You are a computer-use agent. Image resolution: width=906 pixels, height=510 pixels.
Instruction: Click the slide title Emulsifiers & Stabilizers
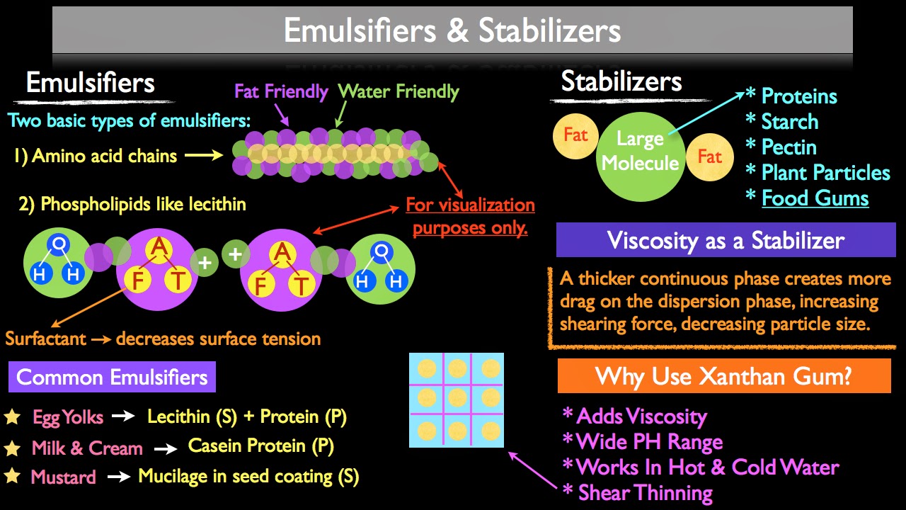[452, 30]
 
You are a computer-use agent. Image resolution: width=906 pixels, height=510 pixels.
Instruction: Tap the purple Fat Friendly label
[281, 91]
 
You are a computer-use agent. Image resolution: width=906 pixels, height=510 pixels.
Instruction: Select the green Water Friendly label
[398, 91]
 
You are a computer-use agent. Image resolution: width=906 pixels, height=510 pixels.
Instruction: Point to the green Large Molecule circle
[639, 151]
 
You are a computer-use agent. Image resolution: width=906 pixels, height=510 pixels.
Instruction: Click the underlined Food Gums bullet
[815, 198]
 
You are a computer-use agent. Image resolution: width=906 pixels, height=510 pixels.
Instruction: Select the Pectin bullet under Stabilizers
[789, 147]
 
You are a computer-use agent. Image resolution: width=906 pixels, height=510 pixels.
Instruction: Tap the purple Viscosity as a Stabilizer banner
[726, 240]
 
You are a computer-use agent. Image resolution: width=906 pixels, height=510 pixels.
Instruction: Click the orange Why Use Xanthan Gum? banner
[723, 375]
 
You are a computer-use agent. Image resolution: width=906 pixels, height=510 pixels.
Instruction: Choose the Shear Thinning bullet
[645, 492]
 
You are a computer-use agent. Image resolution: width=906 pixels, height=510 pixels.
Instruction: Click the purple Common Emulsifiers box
[112, 377]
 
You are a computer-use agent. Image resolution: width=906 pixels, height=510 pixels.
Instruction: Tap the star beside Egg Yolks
[12, 417]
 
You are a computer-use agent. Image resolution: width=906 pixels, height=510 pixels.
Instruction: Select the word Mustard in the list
[63, 477]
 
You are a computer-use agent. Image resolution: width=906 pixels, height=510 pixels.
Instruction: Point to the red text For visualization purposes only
[470, 217]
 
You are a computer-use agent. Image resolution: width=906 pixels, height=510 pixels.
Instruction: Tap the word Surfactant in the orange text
[46, 339]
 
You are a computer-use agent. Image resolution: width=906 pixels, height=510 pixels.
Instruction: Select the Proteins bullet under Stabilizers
[798, 96]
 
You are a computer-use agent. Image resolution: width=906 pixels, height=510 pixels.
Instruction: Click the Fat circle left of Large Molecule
[575, 135]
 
